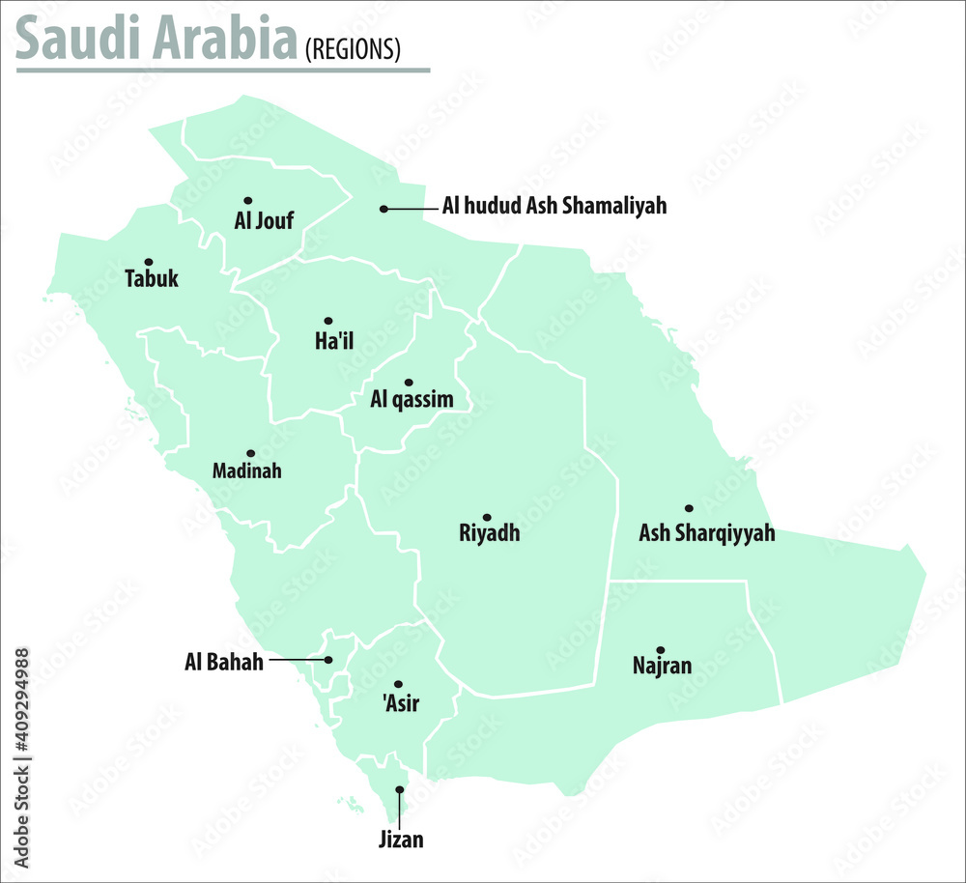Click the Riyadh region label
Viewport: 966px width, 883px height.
pyautogui.click(x=490, y=533)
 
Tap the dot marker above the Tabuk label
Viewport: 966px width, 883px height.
pyautogui.click(x=149, y=262)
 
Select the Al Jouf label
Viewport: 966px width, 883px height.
pyautogui.click(x=264, y=221)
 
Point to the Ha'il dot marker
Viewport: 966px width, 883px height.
pyautogui.click(x=327, y=321)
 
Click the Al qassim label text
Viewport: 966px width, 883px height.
pyautogui.click(x=412, y=399)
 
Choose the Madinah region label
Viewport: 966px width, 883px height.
pyautogui.click(x=247, y=471)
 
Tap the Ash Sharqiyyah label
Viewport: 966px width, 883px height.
pyautogui.click(x=707, y=532)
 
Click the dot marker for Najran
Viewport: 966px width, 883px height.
pyautogui.click(x=660, y=650)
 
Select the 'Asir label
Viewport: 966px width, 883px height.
pyautogui.click(x=402, y=703)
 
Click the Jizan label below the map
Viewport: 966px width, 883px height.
pyautogui.click(x=401, y=840)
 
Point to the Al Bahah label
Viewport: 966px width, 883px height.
pyautogui.click(x=224, y=663)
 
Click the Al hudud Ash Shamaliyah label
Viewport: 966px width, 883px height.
pyautogui.click(x=554, y=206)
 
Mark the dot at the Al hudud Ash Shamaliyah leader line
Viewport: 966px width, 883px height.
pyautogui.click(x=384, y=209)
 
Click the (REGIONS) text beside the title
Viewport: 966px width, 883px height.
pyautogui.click(x=353, y=50)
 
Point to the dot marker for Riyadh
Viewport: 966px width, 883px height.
pyautogui.click(x=487, y=518)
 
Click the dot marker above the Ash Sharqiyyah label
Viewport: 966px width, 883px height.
pyautogui.click(x=689, y=508)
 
